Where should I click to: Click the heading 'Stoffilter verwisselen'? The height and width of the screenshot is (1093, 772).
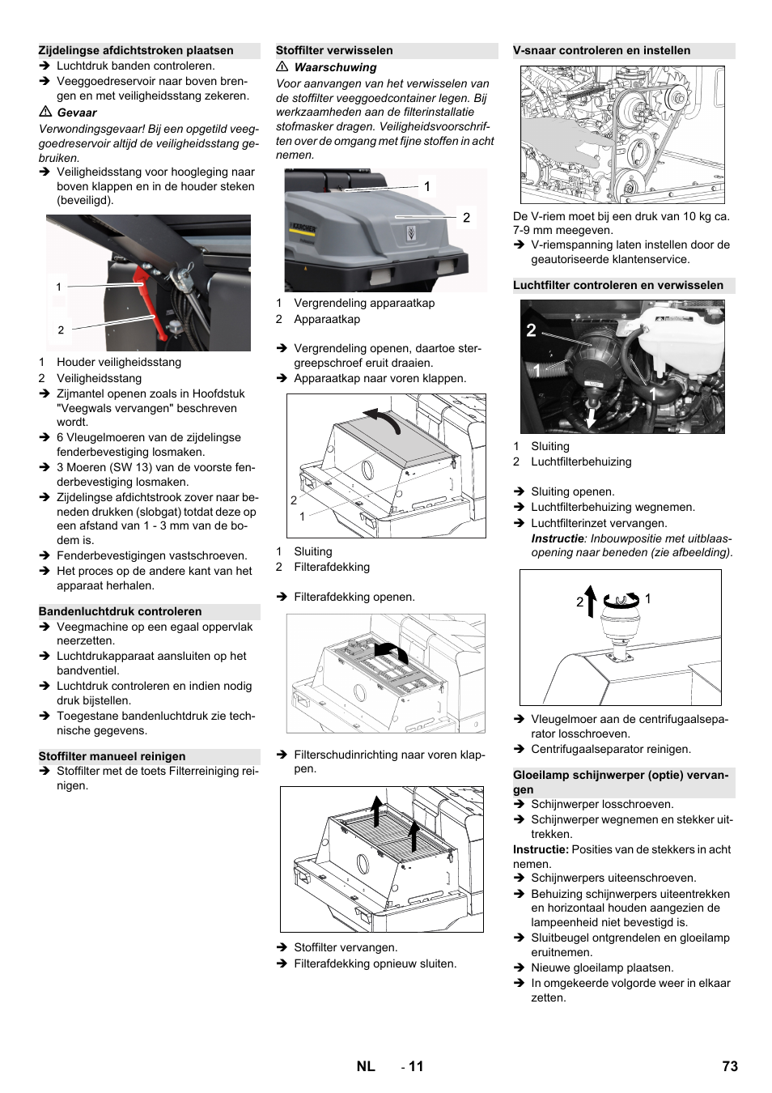click(334, 50)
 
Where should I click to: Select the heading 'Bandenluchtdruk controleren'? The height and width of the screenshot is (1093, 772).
click(120, 611)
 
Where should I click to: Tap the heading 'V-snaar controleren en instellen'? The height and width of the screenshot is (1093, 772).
click(601, 50)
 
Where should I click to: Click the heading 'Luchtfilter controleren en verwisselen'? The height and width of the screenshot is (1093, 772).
click(618, 285)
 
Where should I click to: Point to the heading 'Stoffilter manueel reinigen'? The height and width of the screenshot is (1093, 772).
click(112, 756)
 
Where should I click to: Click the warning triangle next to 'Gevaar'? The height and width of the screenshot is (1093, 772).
click(45, 112)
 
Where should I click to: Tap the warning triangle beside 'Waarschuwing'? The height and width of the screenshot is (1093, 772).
click(282, 66)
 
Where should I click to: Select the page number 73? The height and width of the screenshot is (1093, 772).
click(729, 1066)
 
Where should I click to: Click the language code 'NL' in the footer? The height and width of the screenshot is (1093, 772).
click(366, 1066)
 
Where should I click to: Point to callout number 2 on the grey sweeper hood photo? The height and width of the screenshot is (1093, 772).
click(466, 217)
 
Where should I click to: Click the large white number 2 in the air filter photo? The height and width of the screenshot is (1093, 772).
click(531, 330)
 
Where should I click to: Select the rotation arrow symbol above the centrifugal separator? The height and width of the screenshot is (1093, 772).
click(621, 600)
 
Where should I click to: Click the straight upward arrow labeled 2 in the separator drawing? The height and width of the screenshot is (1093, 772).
click(591, 602)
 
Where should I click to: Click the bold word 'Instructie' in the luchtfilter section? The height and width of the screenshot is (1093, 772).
click(557, 538)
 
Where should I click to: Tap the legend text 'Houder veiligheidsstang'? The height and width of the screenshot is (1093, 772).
click(118, 362)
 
